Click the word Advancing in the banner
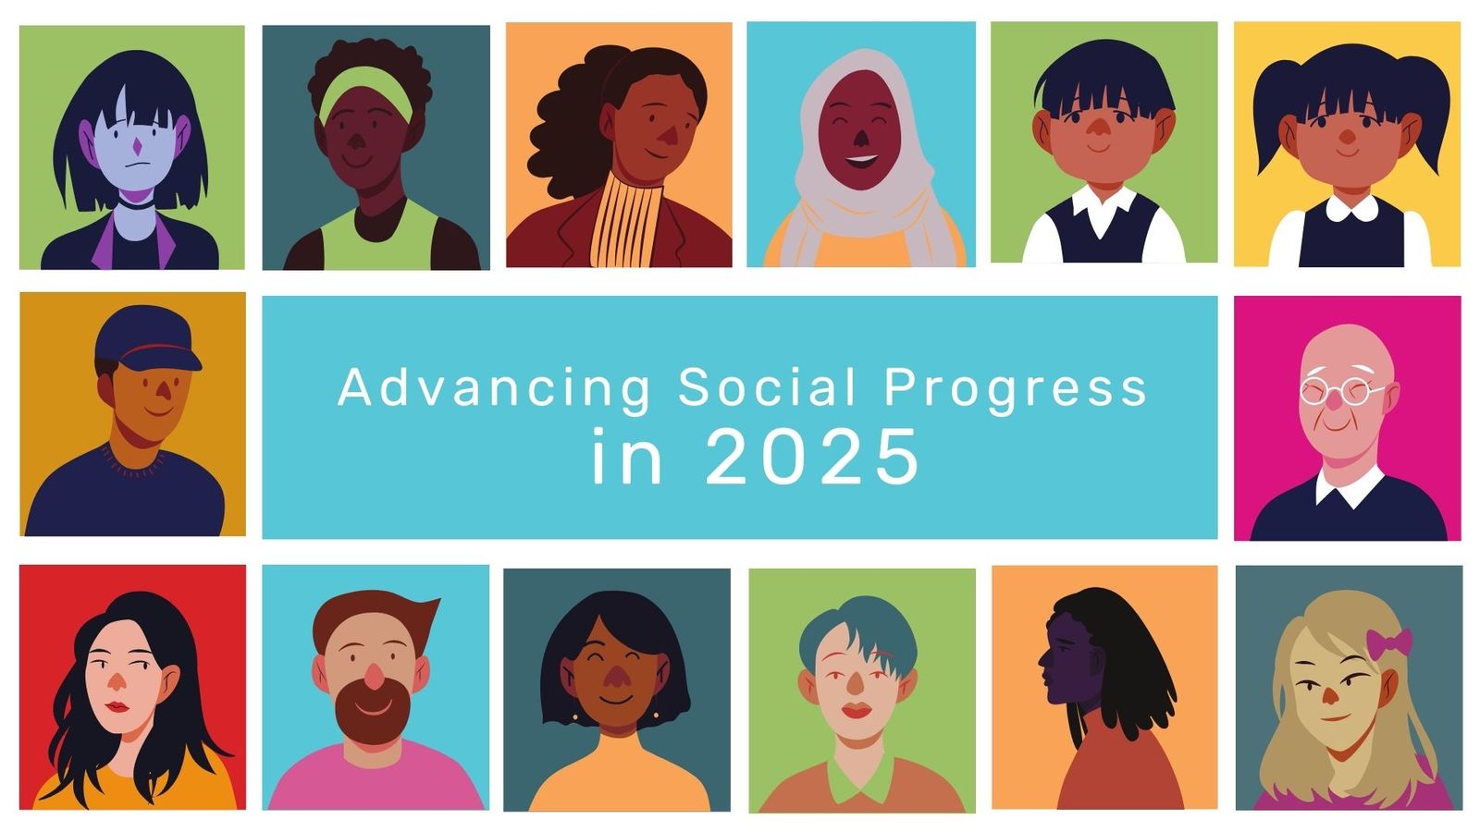point(495,388)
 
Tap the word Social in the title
point(768,387)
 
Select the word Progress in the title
point(1016,389)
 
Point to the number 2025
point(813,457)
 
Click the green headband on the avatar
point(365,93)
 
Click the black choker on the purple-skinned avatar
point(137,202)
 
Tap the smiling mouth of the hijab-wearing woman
point(861,160)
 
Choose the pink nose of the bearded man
point(373,676)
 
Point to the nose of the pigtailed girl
point(1346,136)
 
